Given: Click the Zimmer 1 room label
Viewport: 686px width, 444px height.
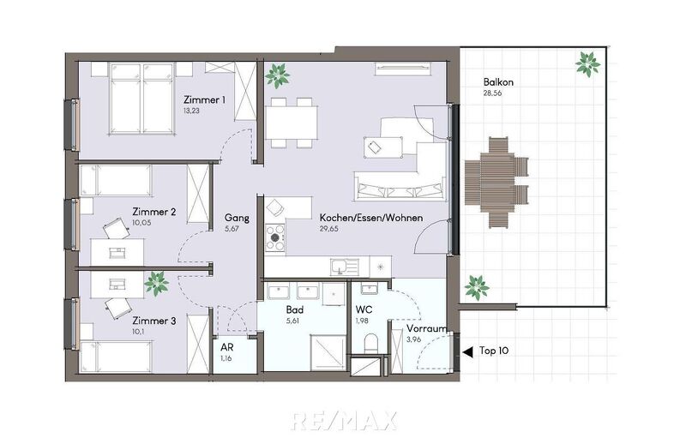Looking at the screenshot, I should pos(204,100).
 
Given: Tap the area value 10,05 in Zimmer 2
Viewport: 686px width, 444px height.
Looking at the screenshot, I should pos(143,222).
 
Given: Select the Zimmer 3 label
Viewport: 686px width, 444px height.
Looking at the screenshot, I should pos(154,321).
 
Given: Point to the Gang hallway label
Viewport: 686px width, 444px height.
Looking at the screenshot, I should pos(237,218).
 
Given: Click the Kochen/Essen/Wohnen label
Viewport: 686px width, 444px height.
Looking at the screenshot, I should pos(370,218).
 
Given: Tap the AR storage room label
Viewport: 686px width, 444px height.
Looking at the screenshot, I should pos(227,347).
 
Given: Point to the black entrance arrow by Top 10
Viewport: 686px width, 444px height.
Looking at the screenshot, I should pos(467,351).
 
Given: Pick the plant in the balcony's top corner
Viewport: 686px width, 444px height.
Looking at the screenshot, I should pos(587,63).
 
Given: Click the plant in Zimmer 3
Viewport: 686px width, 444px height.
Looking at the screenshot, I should pos(156,282).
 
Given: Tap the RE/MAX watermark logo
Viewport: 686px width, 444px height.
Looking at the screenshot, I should pos(343,420).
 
